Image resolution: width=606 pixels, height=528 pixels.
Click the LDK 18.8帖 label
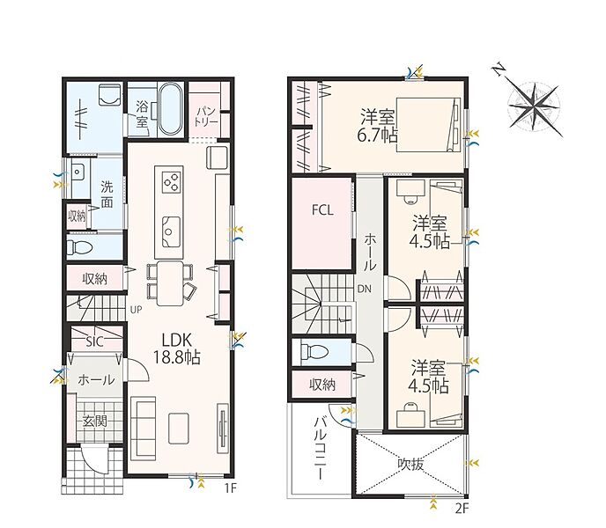[x=177, y=348]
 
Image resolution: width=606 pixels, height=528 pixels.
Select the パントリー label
[x=206, y=117]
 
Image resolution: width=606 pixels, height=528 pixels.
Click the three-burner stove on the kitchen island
[x=172, y=181]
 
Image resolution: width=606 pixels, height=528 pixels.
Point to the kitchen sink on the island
[x=171, y=231]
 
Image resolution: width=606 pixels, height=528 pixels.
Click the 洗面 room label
[x=107, y=194]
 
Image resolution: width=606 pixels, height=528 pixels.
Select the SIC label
[x=95, y=341]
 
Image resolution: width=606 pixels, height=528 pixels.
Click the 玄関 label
[x=95, y=421]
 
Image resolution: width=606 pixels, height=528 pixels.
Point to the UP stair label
[x=136, y=310]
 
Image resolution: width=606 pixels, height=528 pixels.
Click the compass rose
[x=535, y=106]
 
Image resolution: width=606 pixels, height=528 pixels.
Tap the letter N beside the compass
[x=499, y=70]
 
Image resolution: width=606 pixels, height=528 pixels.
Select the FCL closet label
[x=322, y=210]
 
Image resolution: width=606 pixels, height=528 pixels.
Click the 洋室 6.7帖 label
[x=377, y=127]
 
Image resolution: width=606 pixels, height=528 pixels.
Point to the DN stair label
[x=364, y=289]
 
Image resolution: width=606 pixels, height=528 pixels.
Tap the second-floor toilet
[x=314, y=352]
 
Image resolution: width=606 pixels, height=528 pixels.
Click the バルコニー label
[x=321, y=448]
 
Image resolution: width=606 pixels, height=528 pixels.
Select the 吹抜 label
[x=410, y=464]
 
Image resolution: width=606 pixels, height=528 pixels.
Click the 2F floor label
[x=462, y=509]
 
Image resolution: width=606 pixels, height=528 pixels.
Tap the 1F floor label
[x=230, y=488]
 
